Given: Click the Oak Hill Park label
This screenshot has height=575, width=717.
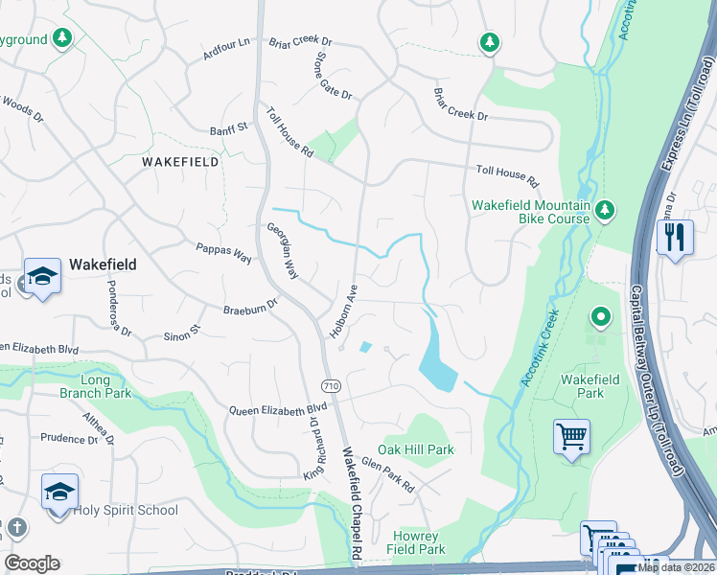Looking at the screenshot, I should pos(415,449).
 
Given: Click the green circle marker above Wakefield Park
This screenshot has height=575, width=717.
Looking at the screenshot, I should pos(600,315).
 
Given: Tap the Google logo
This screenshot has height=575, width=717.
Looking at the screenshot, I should pos(32,563).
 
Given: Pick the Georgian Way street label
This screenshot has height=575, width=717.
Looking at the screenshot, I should pos(283,251).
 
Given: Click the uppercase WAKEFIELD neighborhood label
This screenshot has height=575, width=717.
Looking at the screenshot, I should pos(180,162).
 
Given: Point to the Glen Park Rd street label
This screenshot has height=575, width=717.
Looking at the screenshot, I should pos(387,474).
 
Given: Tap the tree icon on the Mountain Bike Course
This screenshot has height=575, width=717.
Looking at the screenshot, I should pos(604,209).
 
